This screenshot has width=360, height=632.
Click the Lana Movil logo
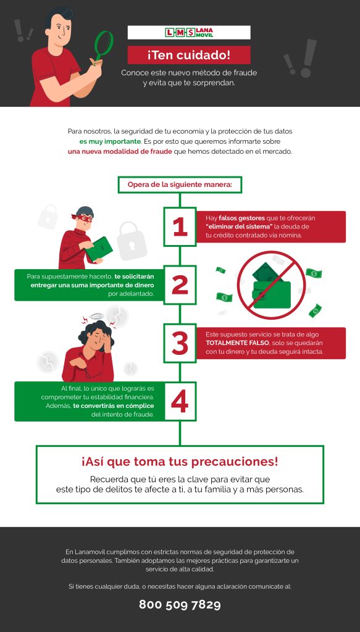point(188,32)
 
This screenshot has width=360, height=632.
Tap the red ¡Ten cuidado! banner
point(188,54)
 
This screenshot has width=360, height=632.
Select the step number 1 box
point(180,227)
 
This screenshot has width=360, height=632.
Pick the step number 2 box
point(180,284)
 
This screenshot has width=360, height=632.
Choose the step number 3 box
point(180,343)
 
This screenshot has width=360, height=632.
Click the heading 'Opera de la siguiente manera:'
point(180,184)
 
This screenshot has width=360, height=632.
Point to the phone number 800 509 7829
point(180,604)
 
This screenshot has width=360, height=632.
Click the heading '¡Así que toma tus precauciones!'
point(180,462)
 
